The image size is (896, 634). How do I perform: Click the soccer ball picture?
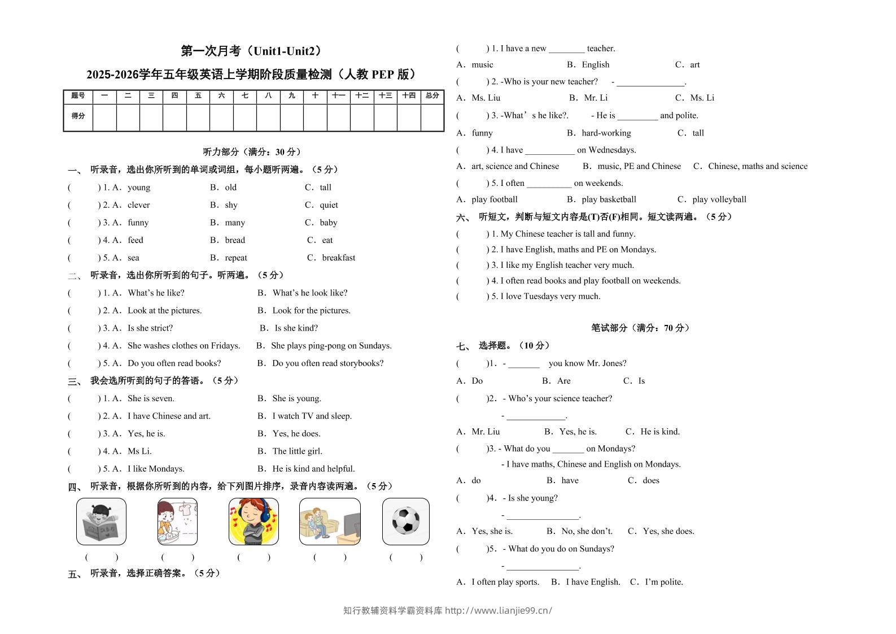point(405,521)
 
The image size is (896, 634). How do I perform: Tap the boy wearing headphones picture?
point(253,521)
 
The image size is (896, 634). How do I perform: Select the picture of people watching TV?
point(330,521)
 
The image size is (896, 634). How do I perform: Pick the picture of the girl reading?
point(101,521)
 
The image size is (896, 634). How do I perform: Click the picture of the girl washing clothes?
point(177,521)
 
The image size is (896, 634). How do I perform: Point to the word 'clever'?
point(138,205)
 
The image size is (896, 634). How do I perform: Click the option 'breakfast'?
point(338,258)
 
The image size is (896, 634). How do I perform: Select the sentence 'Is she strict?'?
point(150,328)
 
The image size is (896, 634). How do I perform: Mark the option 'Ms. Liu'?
point(486,98)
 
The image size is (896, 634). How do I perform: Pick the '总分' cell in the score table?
point(432,96)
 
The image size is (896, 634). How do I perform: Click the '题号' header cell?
point(78,96)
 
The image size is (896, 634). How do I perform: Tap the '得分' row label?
point(78,116)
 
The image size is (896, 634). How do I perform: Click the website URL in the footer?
point(498,610)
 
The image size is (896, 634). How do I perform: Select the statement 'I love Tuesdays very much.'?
point(550,297)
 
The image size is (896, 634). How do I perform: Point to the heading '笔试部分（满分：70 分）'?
point(640,328)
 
